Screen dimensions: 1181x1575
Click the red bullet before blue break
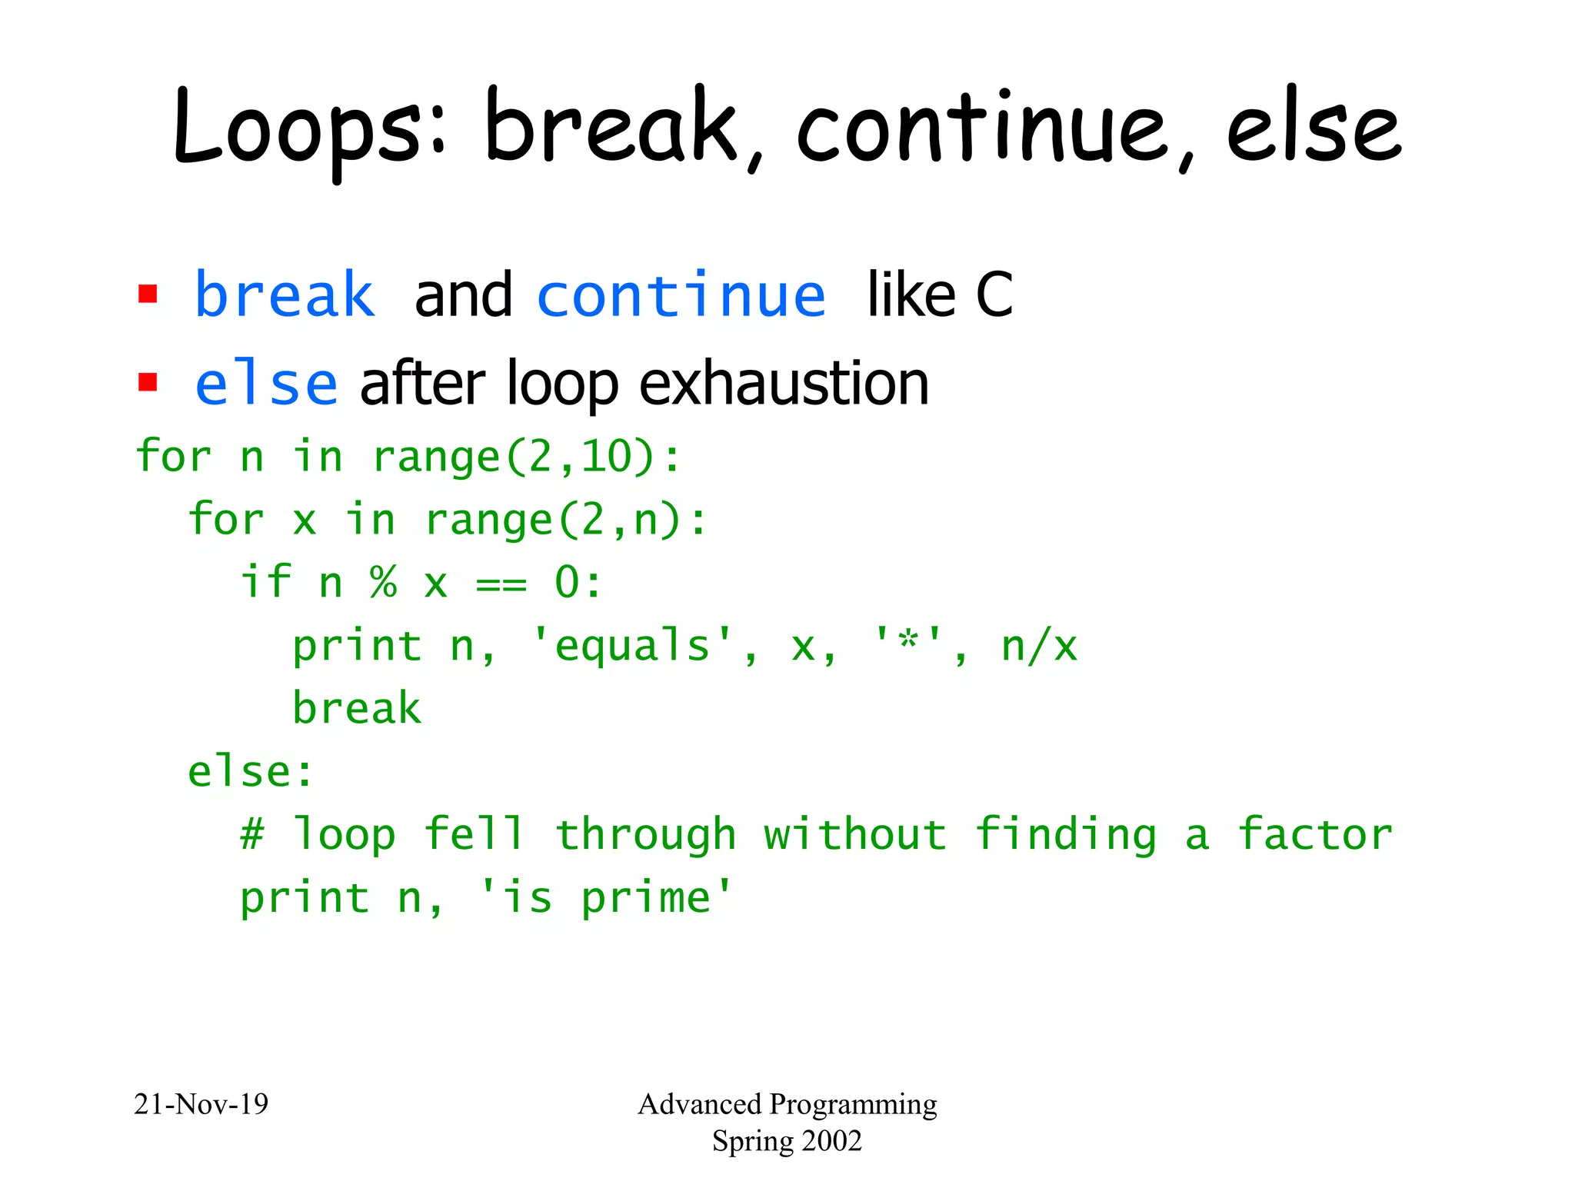tap(148, 294)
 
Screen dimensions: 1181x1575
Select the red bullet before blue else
tap(148, 382)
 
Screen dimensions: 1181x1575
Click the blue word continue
tap(681, 295)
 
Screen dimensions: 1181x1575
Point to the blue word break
tap(285, 295)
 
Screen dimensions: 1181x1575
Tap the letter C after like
tap(994, 295)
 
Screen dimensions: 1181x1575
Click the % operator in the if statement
tap(383, 583)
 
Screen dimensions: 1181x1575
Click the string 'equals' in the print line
tap(632, 646)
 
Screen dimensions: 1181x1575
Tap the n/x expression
tap(1038, 646)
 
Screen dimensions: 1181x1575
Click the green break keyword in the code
tap(357, 708)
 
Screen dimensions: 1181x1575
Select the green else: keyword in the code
tap(251, 771)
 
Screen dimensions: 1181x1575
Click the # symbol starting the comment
tap(252, 835)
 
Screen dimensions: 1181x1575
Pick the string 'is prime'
tap(605, 898)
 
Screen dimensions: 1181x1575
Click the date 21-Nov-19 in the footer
tap(201, 1104)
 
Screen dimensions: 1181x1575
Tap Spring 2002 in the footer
tap(787, 1141)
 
